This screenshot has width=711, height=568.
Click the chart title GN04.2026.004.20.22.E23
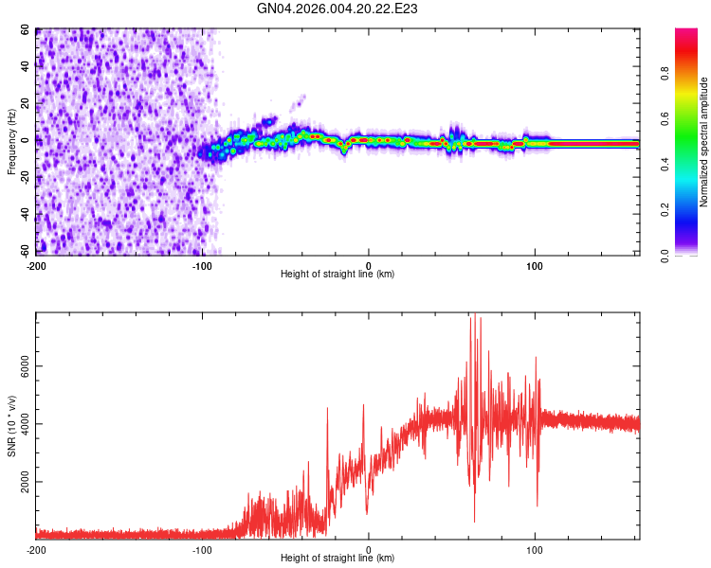337,9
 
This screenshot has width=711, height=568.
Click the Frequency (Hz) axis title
11,141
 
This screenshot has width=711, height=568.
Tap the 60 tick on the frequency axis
27,30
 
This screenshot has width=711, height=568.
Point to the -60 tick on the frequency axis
25,251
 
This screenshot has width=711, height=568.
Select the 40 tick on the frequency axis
26,67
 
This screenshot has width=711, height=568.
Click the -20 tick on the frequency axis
25,177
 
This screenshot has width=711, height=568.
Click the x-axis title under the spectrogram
337,274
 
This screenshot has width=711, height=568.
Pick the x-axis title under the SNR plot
337,558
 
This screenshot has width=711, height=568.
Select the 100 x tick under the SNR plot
536,548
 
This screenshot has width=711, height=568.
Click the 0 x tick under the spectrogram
369,264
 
